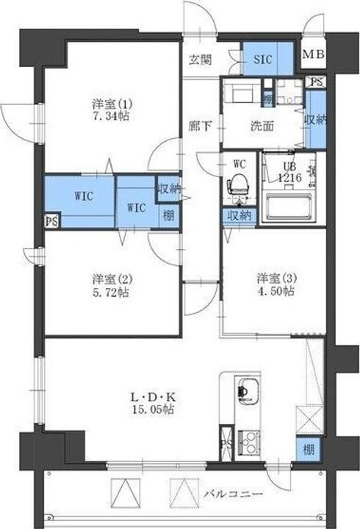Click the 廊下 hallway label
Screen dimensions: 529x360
[201, 126]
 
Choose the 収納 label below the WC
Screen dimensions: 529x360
[239, 216]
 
